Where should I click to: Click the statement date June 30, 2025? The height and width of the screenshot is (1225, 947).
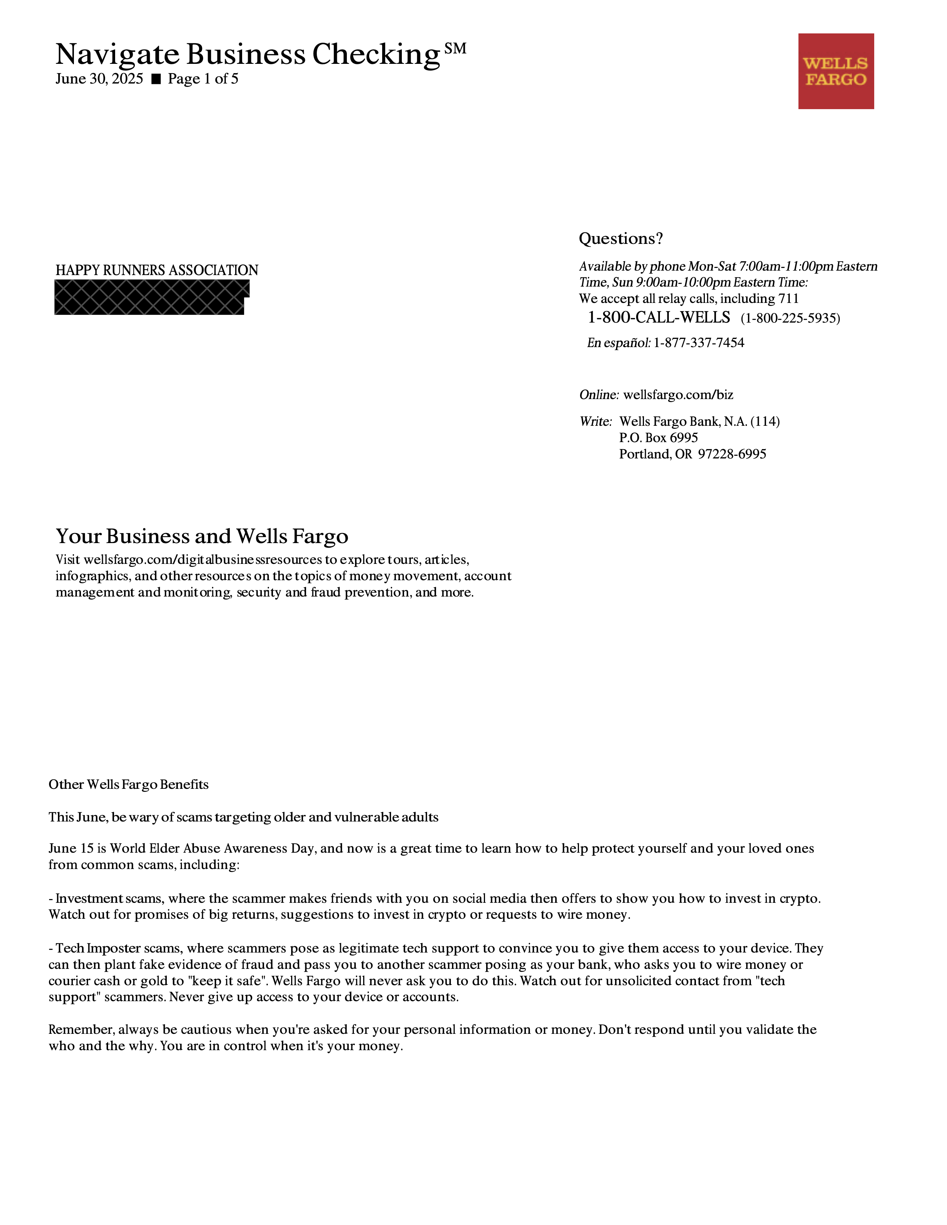(99, 79)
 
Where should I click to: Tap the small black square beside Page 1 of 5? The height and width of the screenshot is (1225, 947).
(156, 79)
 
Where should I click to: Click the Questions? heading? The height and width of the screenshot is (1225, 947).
(621, 239)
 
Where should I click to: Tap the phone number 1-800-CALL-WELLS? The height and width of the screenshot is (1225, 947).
(659, 318)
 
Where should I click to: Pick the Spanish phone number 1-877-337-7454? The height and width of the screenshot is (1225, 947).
(699, 343)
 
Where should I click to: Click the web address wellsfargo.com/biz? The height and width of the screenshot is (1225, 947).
(678, 395)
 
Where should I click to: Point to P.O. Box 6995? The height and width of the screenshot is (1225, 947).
(658, 438)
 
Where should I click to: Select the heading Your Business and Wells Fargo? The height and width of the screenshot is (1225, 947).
(202, 536)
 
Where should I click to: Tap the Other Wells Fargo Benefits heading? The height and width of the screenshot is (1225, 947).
(128, 784)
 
